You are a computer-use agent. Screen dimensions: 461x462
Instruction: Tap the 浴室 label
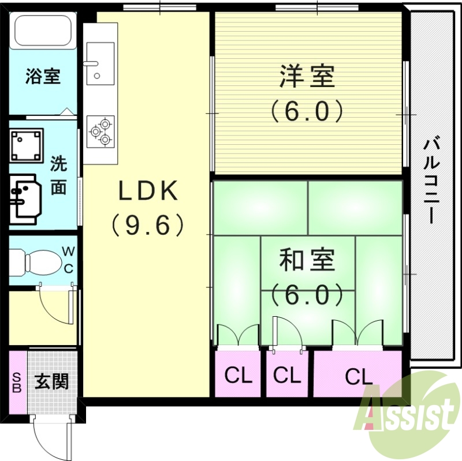[43, 77]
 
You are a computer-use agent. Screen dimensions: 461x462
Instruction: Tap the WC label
[68, 259]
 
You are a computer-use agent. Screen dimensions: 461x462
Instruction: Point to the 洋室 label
[307, 76]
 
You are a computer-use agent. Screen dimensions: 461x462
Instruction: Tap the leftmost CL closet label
[239, 376]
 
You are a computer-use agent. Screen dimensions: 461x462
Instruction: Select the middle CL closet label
[287, 376]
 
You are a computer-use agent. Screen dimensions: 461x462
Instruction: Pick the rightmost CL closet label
[359, 377]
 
